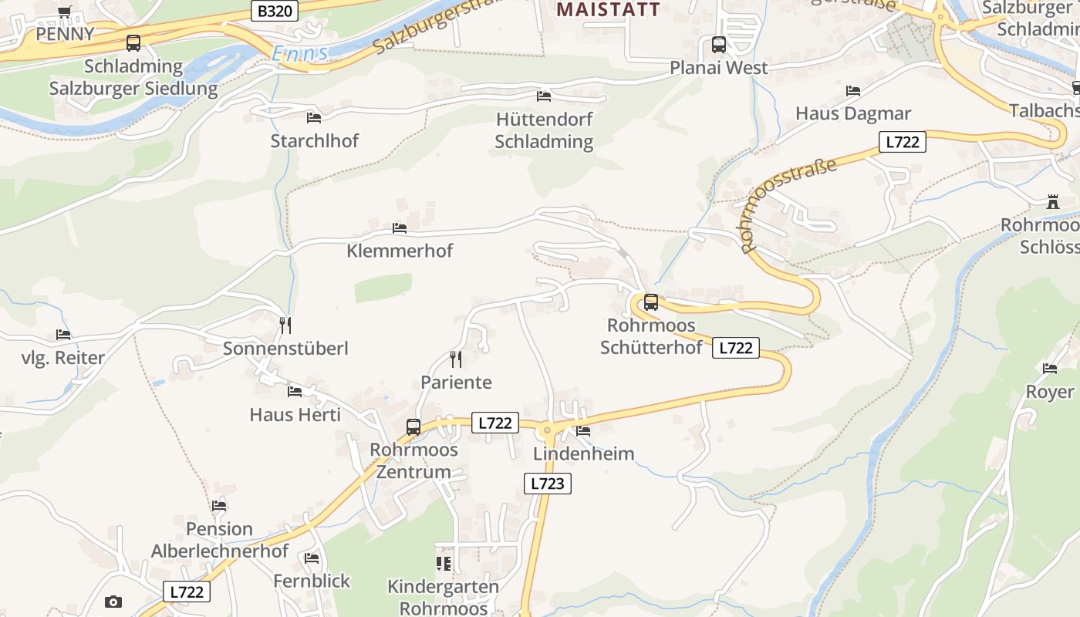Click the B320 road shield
coord(275,11)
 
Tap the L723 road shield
coord(548,484)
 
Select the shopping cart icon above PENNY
coord(65,12)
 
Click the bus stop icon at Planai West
coord(718,45)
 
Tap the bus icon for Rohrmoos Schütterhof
coord(651,302)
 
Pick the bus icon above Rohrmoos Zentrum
coord(413,427)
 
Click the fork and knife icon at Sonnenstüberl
coord(285,325)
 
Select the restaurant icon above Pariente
coord(456,359)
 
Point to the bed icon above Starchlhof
coord(314,117)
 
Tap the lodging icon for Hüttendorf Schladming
coord(544,96)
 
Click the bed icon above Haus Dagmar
coord(853,91)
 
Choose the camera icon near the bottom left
coord(113,602)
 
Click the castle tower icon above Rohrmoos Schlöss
coord(1052,202)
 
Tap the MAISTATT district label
coord(609,9)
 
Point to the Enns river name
coord(300,53)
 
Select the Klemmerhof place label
coord(400,251)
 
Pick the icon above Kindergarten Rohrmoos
coord(443,564)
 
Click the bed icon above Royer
coord(1050,369)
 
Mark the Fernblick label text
coord(312,581)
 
